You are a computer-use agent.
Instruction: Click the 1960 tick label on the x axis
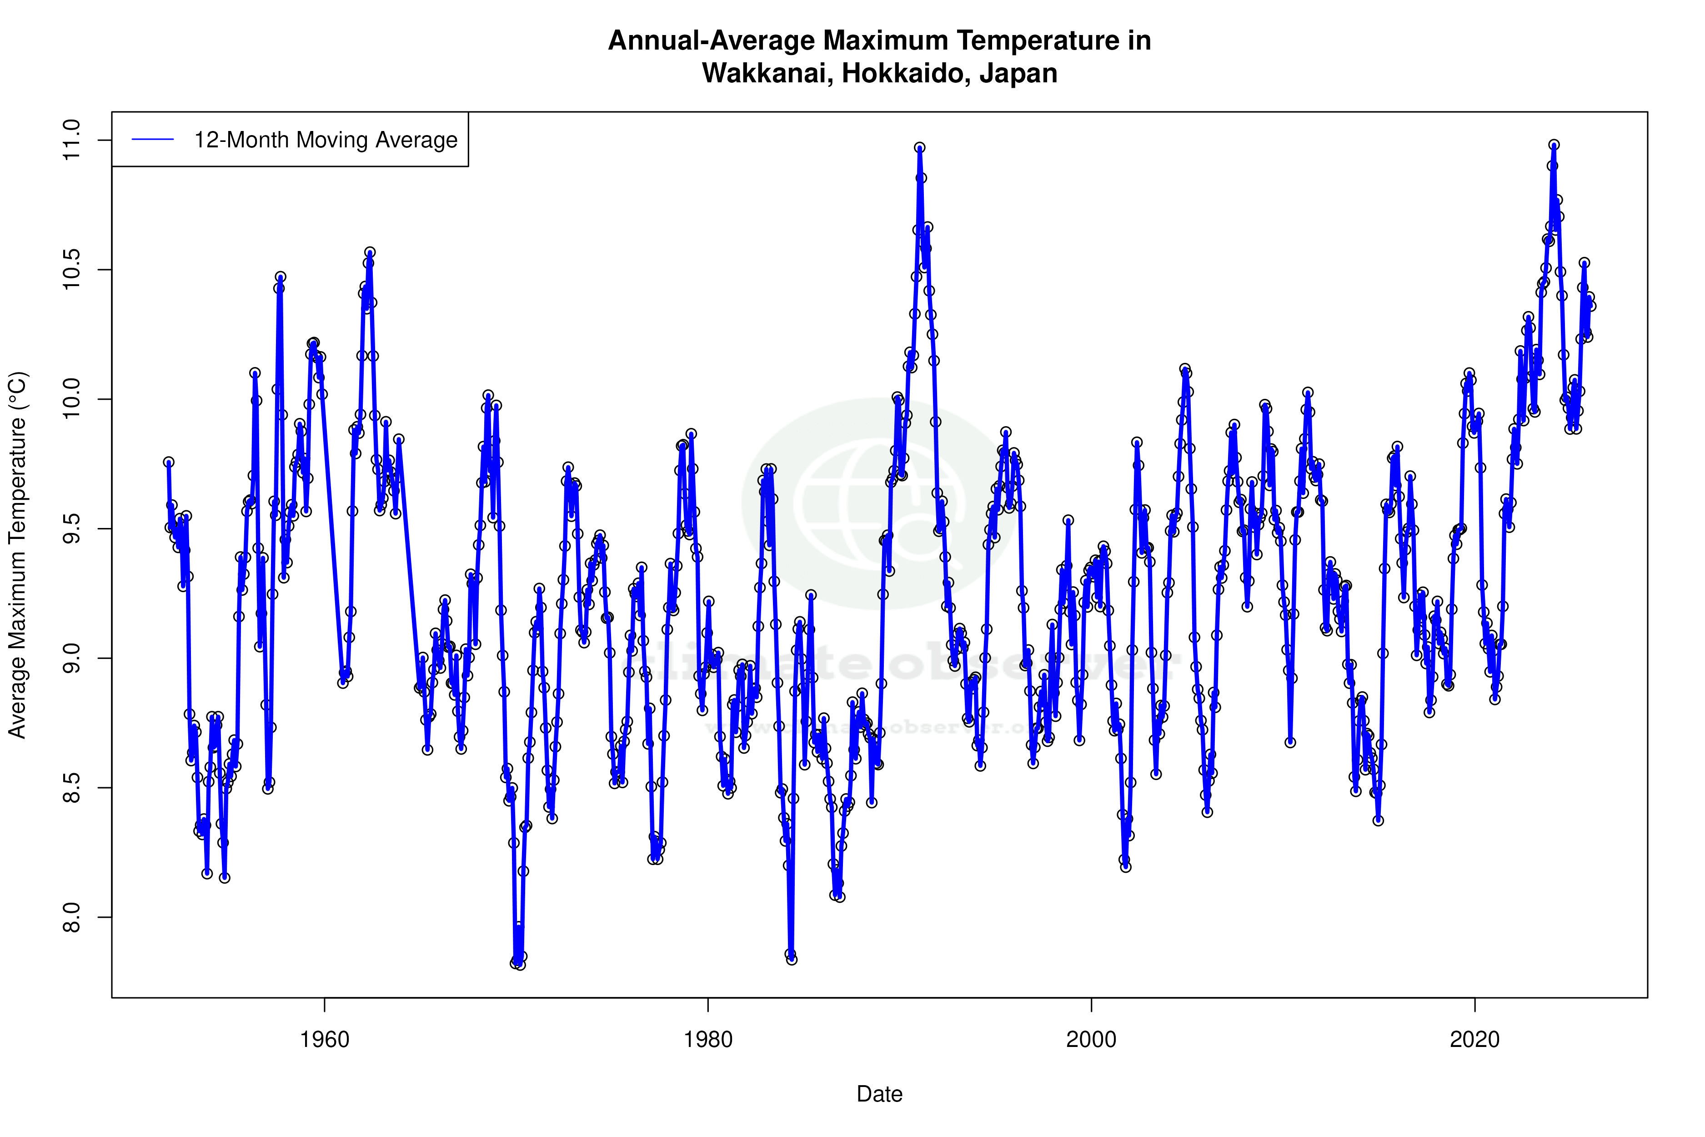(324, 1040)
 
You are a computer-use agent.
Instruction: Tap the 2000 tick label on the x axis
(1091, 1040)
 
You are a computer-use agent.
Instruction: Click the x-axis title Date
(879, 1094)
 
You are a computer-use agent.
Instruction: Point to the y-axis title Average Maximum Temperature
(17, 555)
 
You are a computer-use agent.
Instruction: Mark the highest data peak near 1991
(920, 148)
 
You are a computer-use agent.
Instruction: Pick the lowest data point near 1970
(520, 965)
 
